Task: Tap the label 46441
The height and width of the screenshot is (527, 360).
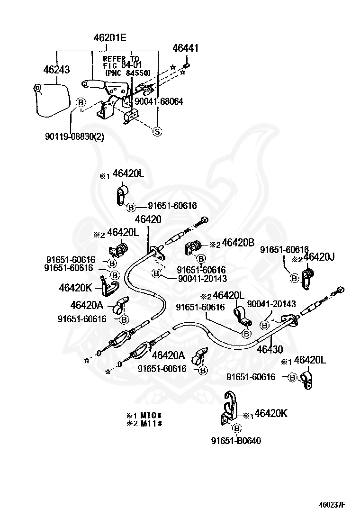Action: (185, 48)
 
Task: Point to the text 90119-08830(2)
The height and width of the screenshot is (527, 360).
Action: (74, 136)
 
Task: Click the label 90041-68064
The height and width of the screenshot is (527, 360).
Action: (158, 101)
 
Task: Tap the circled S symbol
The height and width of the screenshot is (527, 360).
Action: (157, 132)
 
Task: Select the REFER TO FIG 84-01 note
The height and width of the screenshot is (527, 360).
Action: (127, 66)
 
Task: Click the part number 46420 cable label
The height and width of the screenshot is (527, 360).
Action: (148, 219)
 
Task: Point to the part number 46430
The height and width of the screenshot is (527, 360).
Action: (270, 350)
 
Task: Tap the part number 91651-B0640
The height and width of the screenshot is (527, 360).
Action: (236, 440)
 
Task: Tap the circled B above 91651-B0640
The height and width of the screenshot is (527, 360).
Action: (237, 428)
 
